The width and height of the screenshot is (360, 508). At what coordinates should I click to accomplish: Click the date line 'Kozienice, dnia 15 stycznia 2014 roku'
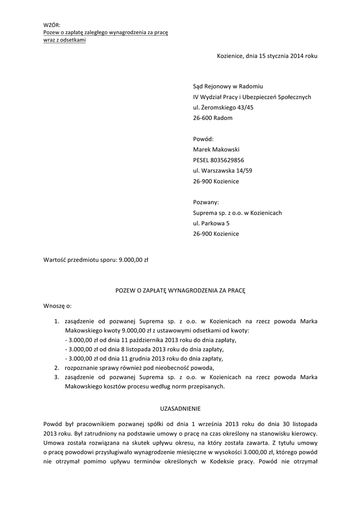pos(267,56)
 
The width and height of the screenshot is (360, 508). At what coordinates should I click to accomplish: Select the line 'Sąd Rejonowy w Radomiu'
pos(227,86)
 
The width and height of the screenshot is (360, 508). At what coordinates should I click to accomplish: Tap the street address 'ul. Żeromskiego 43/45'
pos(223,108)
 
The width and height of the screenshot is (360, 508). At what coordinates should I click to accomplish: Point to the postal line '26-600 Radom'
pos(213,118)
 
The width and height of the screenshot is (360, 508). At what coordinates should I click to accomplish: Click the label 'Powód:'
pos(203,139)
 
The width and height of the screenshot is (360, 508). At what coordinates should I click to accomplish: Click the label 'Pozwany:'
pos(206,202)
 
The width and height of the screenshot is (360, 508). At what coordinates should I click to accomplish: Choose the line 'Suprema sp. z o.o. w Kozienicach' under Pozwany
pos(237,213)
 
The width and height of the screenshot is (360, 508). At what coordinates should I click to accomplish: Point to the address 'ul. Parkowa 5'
pos(211,223)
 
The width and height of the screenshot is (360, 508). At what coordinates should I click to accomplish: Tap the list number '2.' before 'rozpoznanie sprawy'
pos(57,368)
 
